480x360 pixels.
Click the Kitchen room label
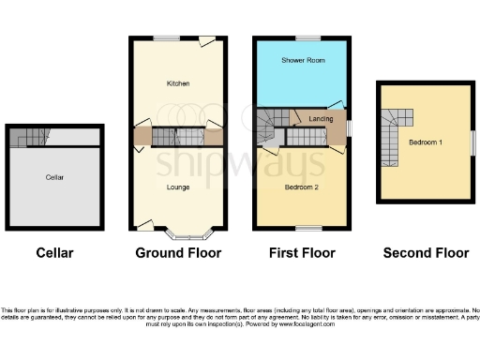[x=178, y=83]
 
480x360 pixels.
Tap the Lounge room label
[x=178, y=187]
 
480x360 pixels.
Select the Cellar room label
[x=55, y=176]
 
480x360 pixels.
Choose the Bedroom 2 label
[x=302, y=187]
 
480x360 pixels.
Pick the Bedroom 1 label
[x=426, y=142]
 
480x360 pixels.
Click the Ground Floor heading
[x=178, y=253]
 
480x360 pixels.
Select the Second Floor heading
[x=427, y=253]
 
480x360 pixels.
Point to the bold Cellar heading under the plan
[x=54, y=253]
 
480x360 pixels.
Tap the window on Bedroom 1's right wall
[x=472, y=138]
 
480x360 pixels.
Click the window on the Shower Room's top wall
[x=306, y=37]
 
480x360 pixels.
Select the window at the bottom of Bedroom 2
[x=306, y=228]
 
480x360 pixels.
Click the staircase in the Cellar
[x=32, y=137]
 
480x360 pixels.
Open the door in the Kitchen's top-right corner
[x=205, y=41]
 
